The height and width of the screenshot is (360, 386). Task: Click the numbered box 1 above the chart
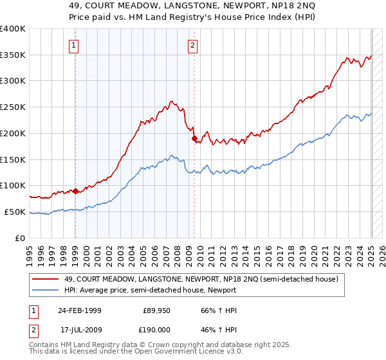[75, 45]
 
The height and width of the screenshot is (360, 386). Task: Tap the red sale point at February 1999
[75, 191]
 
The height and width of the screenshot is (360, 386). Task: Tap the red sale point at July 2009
[194, 138]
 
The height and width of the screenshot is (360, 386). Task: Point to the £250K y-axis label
[13, 107]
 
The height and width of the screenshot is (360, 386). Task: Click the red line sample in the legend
[44, 278]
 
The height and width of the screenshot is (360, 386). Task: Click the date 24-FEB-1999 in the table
[79, 310]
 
